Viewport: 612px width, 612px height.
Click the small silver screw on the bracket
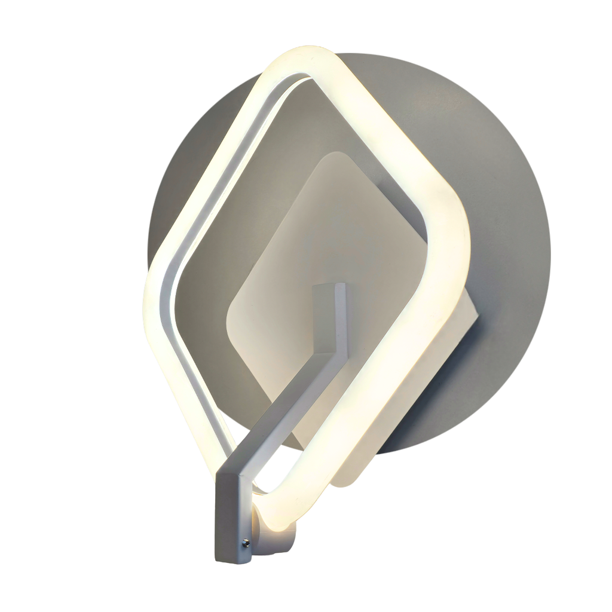245,543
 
